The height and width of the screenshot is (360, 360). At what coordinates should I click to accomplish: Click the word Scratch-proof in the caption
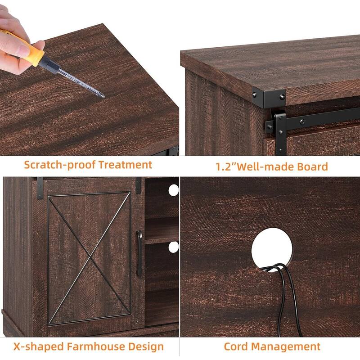(x=59, y=165)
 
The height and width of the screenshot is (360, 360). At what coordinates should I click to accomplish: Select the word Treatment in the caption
(x=126, y=165)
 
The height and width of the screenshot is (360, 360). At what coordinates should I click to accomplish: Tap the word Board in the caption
(x=312, y=166)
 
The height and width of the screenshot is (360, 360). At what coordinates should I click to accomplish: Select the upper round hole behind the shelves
(x=173, y=190)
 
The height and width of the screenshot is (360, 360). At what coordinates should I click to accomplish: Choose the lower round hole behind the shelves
(x=173, y=247)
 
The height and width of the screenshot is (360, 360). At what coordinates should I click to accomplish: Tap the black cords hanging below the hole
(x=288, y=297)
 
